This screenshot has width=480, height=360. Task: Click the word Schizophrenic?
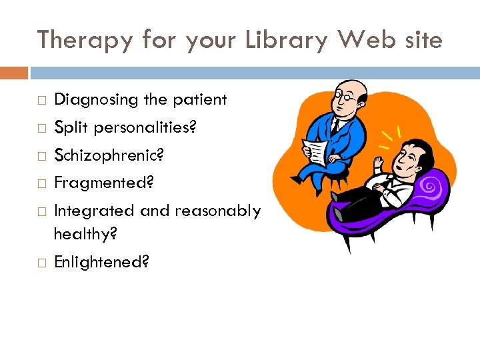pyautogui.click(x=108, y=155)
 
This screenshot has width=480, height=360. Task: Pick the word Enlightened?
pyautogui.click(x=101, y=262)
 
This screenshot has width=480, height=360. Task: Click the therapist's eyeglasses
pyautogui.click(x=346, y=97)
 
